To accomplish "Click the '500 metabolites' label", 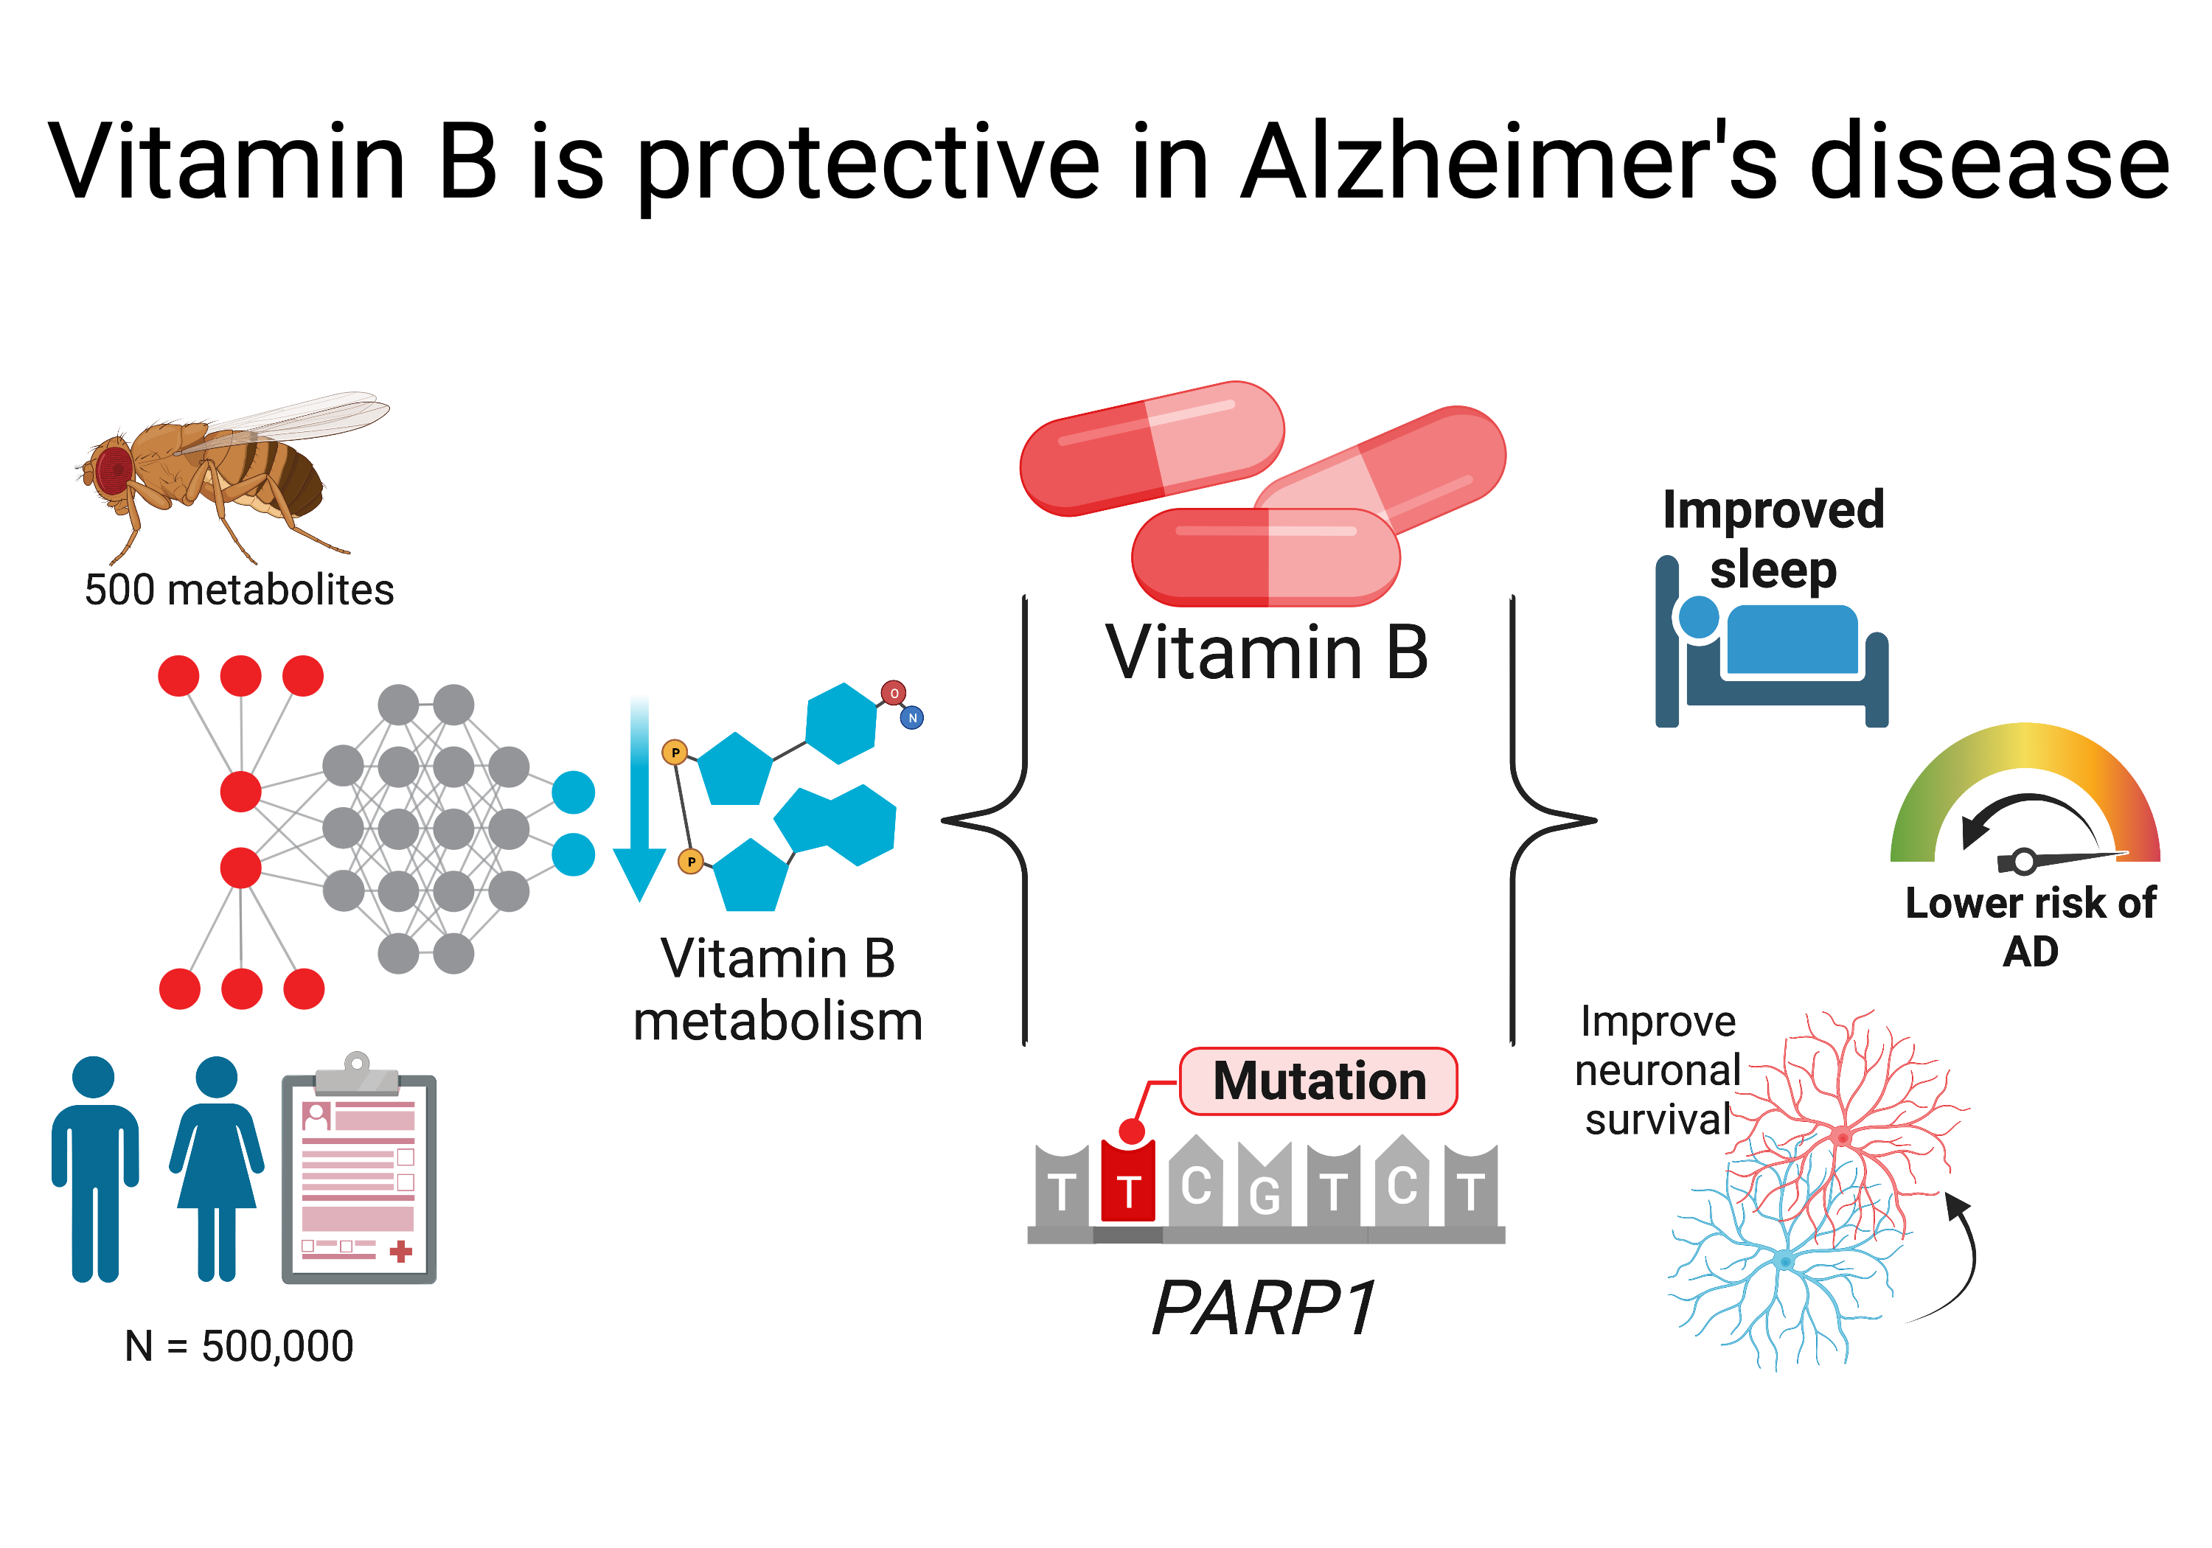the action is point(239,590).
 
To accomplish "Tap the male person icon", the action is point(94,1168).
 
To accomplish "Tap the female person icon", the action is point(217,1168).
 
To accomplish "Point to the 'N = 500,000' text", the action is point(239,1346).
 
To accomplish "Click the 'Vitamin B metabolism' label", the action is point(779,989).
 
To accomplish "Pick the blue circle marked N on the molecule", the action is point(911,718).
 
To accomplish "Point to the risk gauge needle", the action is point(2062,858).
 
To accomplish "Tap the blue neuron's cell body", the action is point(1785,1260).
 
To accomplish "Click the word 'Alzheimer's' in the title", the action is point(1509,162).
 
